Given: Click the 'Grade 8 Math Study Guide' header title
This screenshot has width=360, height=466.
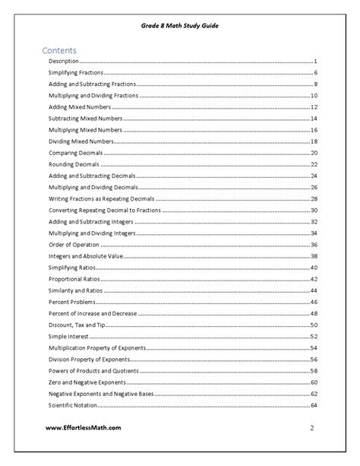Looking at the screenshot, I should pos(180,25).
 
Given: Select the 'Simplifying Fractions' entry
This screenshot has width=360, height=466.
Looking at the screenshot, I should pos(76,72).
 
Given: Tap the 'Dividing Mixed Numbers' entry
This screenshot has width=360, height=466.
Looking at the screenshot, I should pos(82,141).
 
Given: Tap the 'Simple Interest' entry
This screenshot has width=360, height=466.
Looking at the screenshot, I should pos(68,336).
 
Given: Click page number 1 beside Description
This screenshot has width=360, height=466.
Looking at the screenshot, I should pos(314,60).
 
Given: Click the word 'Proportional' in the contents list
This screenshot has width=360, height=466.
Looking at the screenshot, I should pos(66,279).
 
